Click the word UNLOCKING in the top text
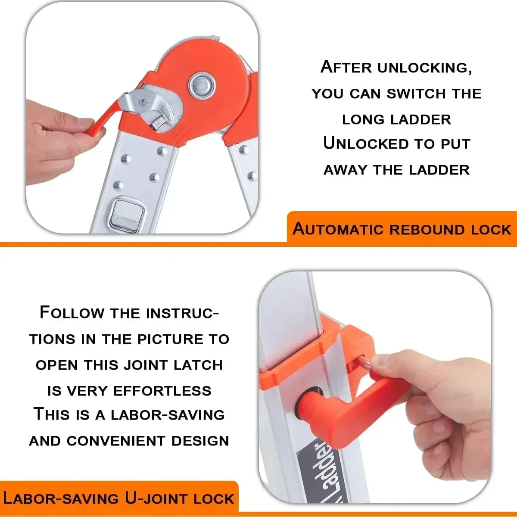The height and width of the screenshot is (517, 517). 424,68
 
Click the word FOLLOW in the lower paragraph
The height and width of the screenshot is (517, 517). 72,313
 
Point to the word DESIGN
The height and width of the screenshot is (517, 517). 200,441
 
